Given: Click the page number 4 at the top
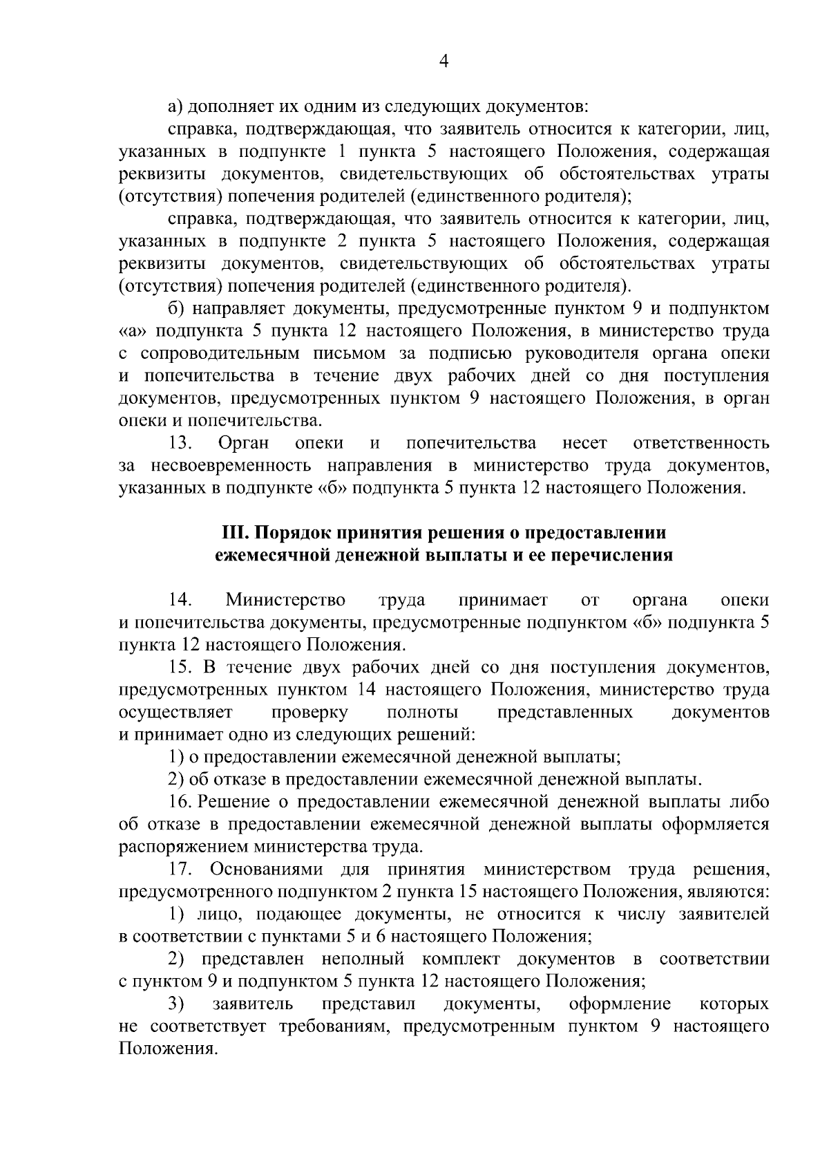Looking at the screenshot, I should (444, 62).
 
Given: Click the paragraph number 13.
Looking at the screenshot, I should (180, 442).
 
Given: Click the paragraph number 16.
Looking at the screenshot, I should (180, 801).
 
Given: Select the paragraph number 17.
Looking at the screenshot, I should (180, 869).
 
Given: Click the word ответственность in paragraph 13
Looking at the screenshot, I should (701, 442).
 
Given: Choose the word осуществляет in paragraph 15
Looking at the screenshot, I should (175, 712).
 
